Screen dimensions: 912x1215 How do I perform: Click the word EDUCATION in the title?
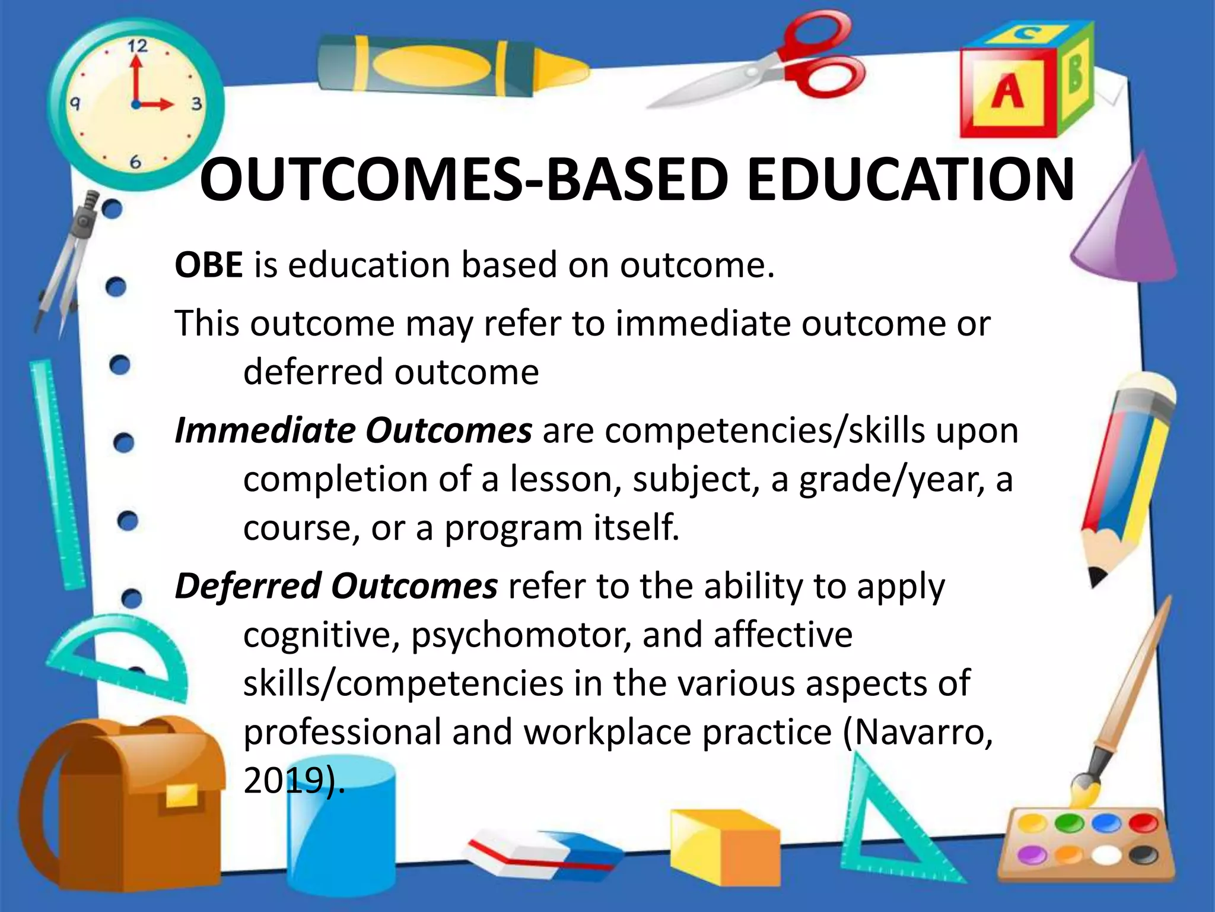(x=910, y=179)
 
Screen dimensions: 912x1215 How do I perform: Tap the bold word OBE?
(x=208, y=265)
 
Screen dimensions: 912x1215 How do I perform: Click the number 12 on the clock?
(x=138, y=46)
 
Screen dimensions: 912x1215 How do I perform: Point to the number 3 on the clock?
(x=196, y=104)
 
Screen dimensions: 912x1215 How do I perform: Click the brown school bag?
(x=119, y=807)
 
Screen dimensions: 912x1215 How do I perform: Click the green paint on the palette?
(x=1068, y=823)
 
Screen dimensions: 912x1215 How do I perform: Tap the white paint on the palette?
(x=1105, y=855)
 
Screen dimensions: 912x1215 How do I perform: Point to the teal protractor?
(x=119, y=653)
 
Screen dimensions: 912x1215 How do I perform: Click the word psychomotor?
(x=520, y=635)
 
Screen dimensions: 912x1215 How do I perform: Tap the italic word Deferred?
(x=247, y=586)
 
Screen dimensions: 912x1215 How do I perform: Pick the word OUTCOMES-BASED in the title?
(x=463, y=179)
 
